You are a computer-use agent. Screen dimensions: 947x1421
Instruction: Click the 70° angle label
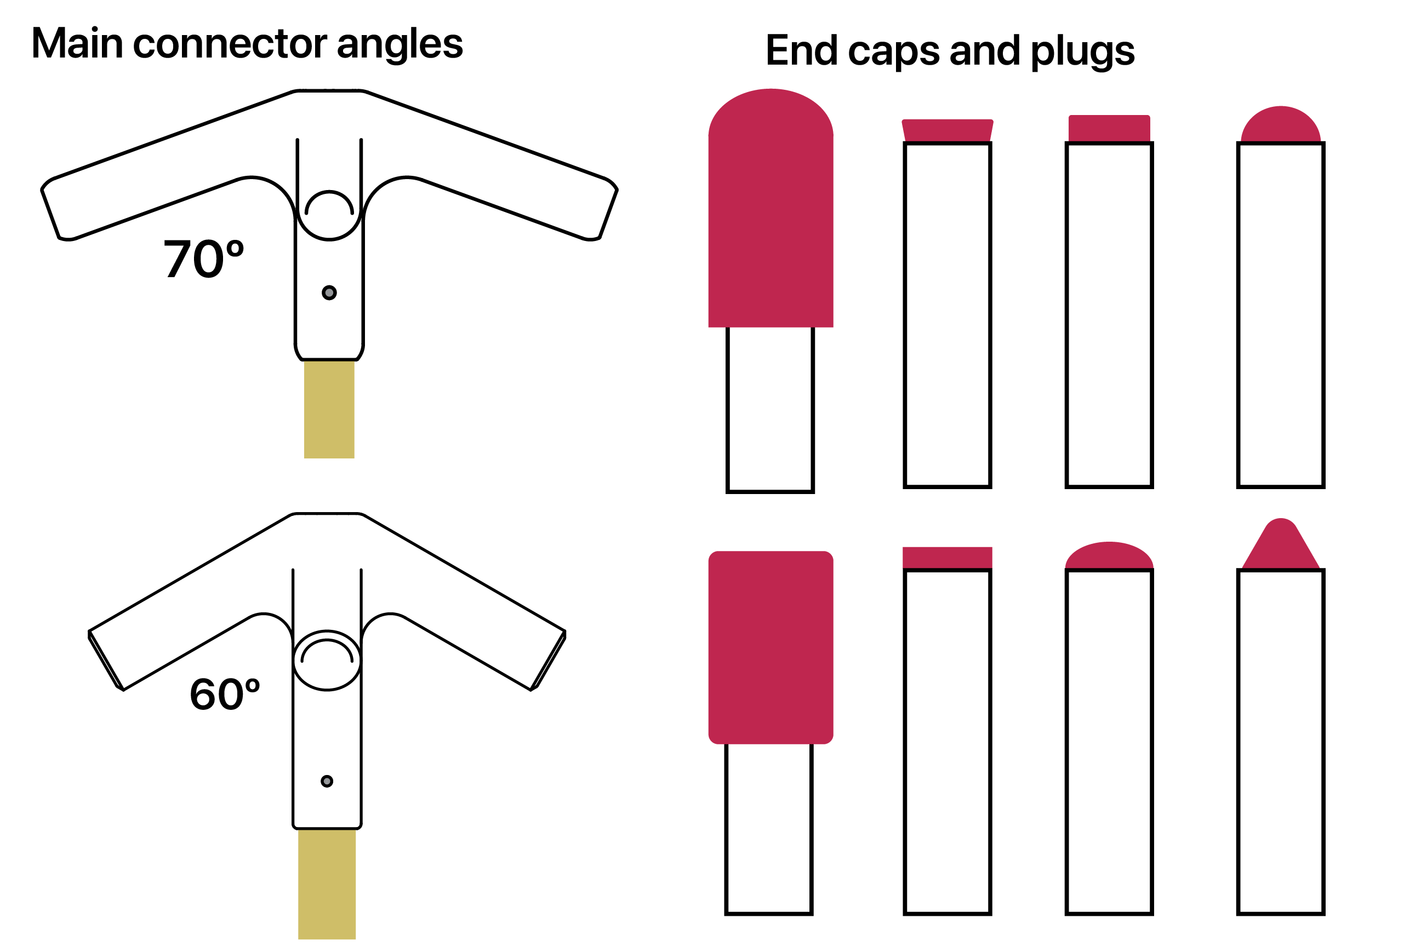[x=204, y=259]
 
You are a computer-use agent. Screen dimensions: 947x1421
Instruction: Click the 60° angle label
[x=225, y=694]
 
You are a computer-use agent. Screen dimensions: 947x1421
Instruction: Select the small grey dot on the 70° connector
[x=329, y=293]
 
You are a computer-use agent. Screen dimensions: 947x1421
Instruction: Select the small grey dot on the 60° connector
[x=327, y=782]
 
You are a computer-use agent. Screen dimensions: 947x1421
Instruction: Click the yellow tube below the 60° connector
[x=327, y=884]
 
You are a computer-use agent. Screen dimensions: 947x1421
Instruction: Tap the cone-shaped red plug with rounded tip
[x=1281, y=547]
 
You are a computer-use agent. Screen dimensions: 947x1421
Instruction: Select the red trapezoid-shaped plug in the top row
[x=948, y=130]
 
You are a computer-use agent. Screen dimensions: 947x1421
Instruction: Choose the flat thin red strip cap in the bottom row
[x=948, y=558]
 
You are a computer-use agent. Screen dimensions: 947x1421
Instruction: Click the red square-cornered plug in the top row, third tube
[x=1109, y=128]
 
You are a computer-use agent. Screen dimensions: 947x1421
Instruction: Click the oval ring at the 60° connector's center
[x=327, y=661]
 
